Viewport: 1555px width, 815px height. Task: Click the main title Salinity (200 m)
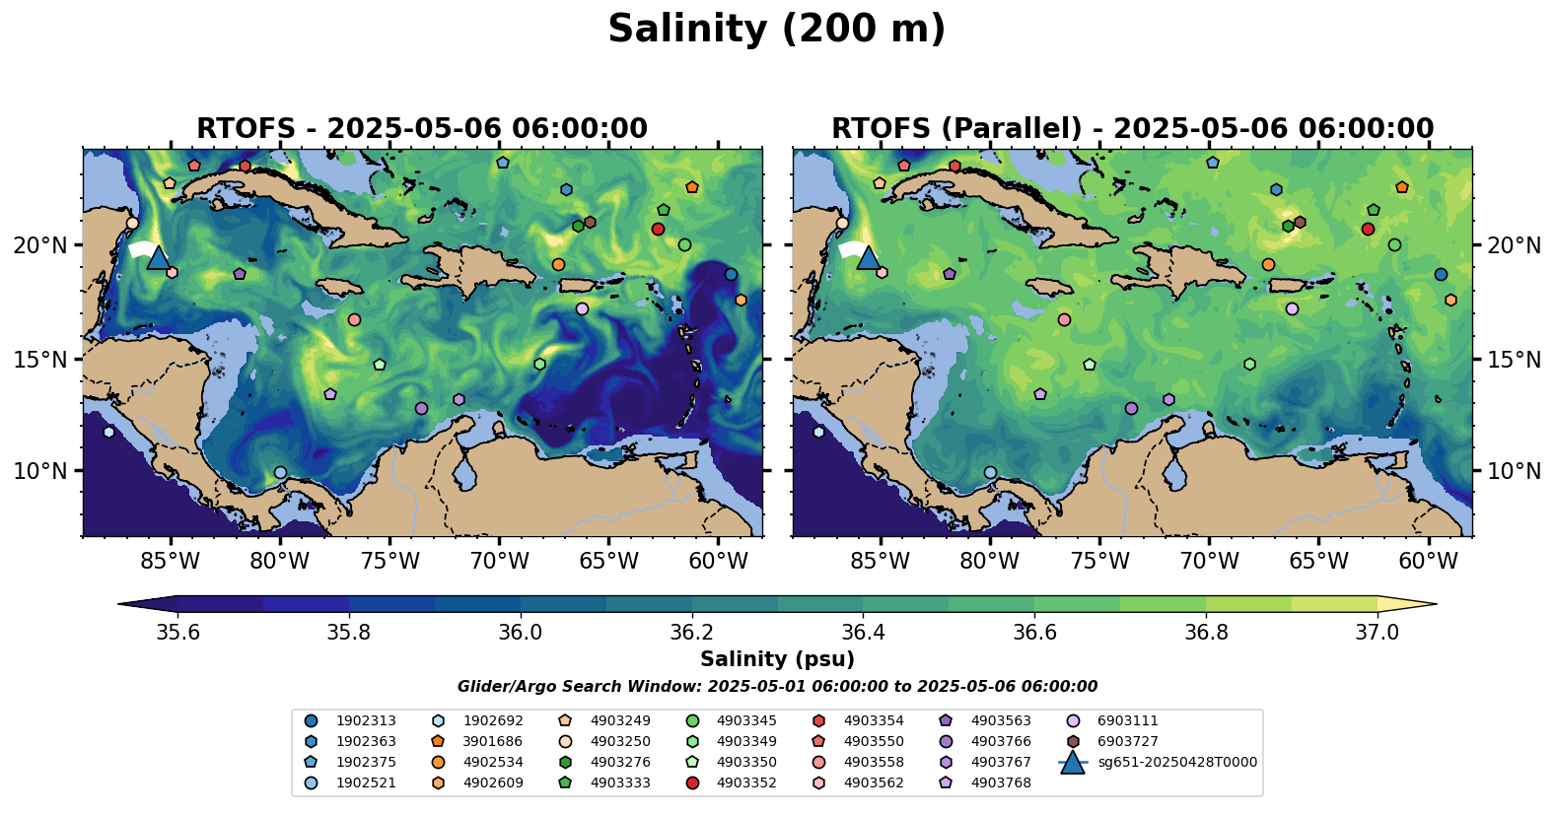coord(776,30)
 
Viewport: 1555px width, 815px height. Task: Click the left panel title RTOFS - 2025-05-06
coord(422,129)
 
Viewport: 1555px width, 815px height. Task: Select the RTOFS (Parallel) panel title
coord(1132,129)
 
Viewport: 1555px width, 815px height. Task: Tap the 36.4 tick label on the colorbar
coord(863,632)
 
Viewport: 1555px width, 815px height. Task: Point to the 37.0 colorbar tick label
coord(1377,632)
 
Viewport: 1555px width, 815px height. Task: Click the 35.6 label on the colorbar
coord(178,632)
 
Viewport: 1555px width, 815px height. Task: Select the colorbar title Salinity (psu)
coord(777,659)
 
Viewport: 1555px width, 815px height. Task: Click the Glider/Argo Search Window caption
coord(777,687)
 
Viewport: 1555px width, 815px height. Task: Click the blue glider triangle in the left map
coord(158,258)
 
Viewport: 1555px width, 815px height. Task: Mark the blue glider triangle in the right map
coord(868,258)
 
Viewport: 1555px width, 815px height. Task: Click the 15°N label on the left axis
coord(40,360)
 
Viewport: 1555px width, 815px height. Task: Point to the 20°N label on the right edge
coord(1514,245)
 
